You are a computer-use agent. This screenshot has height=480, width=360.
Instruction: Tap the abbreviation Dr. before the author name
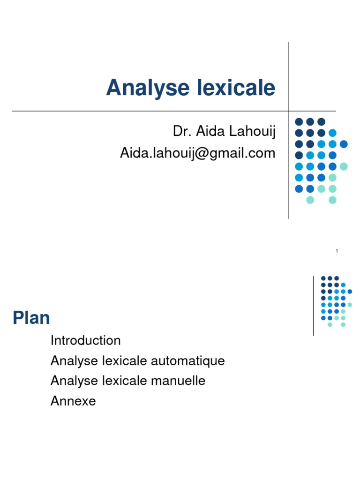[x=180, y=132]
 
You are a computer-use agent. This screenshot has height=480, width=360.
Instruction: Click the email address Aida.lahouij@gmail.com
[x=197, y=152]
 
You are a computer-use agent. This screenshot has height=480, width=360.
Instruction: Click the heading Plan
[x=31, y=318]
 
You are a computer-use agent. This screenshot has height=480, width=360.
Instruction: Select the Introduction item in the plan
[x=85, y=340]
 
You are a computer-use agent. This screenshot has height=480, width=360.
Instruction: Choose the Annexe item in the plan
[x=73, y=401]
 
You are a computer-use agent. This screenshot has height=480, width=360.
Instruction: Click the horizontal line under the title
[x=141, y=111]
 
